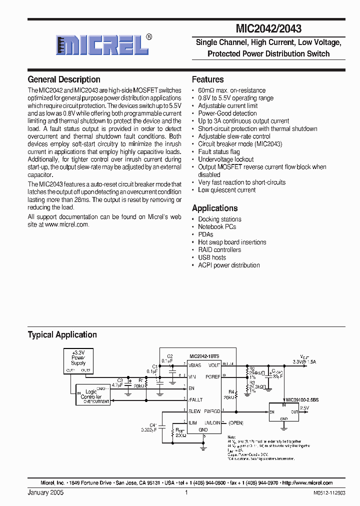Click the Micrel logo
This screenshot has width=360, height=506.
pos(103,45)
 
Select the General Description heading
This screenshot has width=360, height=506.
pos(64,79)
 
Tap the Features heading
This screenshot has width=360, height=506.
pos(208,79)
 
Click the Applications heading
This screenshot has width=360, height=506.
pos(215,208)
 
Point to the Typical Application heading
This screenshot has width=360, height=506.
pos(62,334)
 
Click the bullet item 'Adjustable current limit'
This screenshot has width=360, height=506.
pos(228,106)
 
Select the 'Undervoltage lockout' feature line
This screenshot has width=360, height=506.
pos(226,159)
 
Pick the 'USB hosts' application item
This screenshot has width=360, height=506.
pos(212,257)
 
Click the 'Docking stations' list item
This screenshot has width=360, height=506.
pos(219,219)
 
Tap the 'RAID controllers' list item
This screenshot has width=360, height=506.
pos(219,250)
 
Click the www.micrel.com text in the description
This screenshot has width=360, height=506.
pos(67,225)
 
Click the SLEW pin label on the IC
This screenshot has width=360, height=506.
pos(194,411)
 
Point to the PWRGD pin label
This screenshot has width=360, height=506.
pos(212,411)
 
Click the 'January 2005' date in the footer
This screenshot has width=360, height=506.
pos(45,493)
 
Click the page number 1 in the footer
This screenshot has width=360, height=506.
pos(186,493)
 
